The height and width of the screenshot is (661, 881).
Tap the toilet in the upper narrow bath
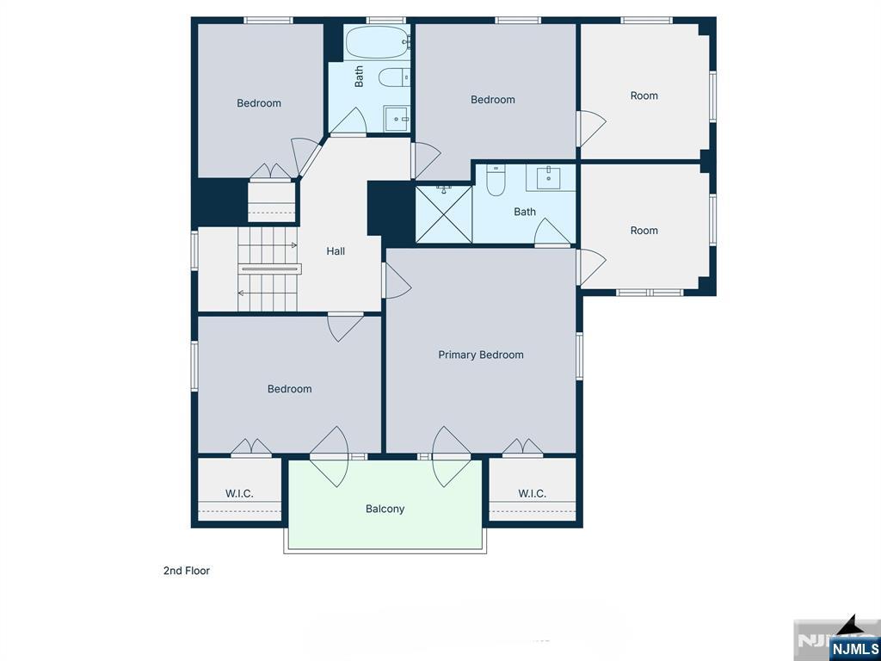[x=394, y=78]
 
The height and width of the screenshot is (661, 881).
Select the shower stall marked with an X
[x=444, y=214]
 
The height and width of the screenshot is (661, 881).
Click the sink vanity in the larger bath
[x=548, y=179]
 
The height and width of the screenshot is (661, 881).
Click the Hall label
[x=336, y=251]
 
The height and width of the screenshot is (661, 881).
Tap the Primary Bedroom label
[x=480, y=355]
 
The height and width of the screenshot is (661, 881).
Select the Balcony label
[x=385, y=509]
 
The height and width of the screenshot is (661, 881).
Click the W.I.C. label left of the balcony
[x=239, y=493]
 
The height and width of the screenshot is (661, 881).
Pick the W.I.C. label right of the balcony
[x=532, y=493]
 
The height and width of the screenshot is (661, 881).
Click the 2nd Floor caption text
[x=187, y=571]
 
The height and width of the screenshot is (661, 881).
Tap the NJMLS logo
[x=853, y=648]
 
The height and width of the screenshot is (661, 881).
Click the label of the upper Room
[x=644, y=96]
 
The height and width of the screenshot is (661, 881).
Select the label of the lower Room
[x=644, y=230]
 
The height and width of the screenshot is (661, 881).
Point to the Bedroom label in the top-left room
[x=259, y=103]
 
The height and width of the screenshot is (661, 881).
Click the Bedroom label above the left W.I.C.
[x=289, y=389]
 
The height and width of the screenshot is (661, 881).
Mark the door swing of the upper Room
[x=590, y=127]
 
